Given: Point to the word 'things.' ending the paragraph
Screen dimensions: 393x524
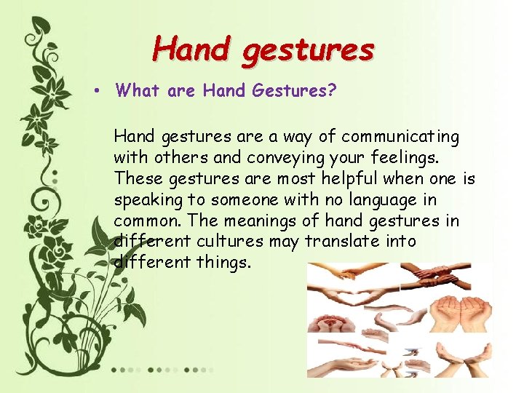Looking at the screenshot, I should (x=223, y=261).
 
